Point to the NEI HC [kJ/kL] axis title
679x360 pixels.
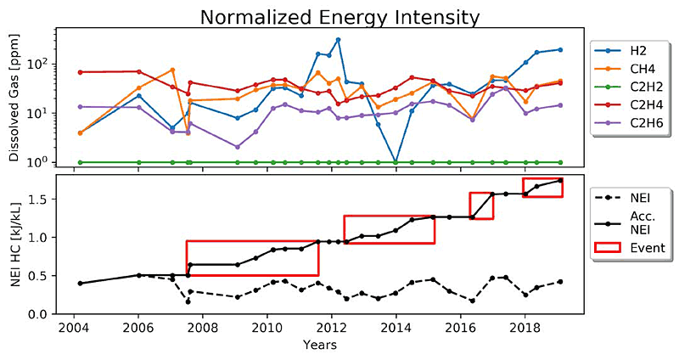tap(14, 245)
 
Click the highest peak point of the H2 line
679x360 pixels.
tap(338, 40)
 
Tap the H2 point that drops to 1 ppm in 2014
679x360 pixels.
tap(396, 161)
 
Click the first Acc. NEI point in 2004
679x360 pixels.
tap(80, 283)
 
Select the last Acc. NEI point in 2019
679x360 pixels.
tap(560, 181)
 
